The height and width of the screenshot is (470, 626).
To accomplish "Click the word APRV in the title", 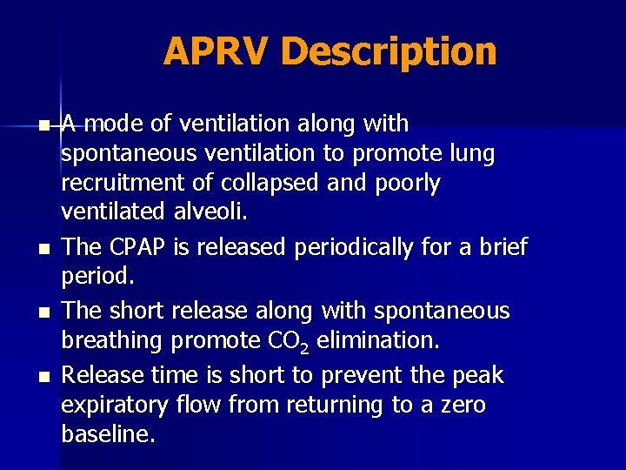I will pos(216,51).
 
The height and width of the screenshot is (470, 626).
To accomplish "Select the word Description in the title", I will pos(389,52).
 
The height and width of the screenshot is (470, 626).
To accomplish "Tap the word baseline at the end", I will pos(108,435).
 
